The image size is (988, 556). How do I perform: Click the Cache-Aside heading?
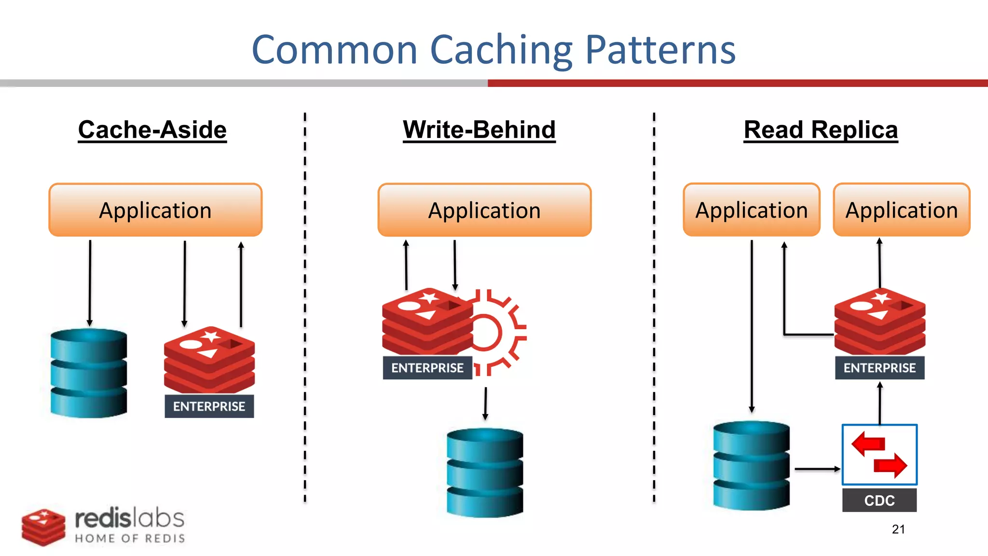coord(152,130)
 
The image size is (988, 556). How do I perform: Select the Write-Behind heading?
coord(479,130)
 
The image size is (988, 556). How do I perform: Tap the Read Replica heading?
coord(821,130)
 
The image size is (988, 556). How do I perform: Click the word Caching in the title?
coord(501,50)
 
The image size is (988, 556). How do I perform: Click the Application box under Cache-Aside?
coord(155,210)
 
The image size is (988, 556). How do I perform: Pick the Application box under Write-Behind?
coord(484,210)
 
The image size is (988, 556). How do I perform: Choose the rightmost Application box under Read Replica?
coord(901,210)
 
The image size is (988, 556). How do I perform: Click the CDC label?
coord(879,500)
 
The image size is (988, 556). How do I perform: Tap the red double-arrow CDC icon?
coord(879,455)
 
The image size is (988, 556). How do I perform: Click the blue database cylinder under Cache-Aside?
coord(89,373)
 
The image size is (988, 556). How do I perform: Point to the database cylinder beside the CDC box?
coord(751,465)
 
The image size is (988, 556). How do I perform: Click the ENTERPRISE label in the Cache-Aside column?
coord(209,406)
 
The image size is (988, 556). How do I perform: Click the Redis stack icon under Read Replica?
coord(879,321)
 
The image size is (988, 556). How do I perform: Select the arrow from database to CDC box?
coord(817,469)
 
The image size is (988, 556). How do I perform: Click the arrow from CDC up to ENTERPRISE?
coord(879,403)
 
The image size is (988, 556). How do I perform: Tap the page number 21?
coord(898,529)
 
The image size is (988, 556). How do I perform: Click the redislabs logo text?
coord(129,519)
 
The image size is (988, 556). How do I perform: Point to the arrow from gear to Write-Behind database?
coord(485,403)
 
